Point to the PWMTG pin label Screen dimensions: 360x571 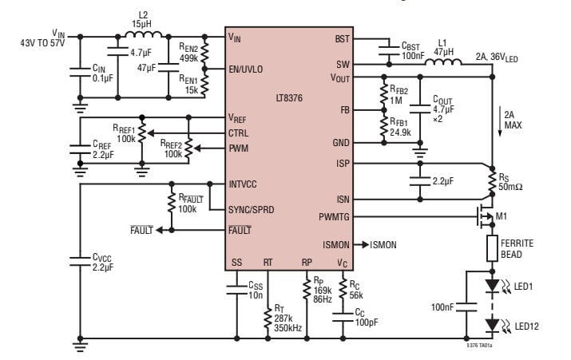(x=333, y=216)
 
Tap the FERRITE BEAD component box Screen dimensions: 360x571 (x=492, y=249)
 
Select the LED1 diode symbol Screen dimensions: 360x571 (x=493, y=285)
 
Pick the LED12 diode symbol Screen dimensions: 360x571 (x=493, y=324)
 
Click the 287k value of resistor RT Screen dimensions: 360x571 (x=284, y=318)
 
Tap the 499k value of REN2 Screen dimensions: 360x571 (x=189, y=57)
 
